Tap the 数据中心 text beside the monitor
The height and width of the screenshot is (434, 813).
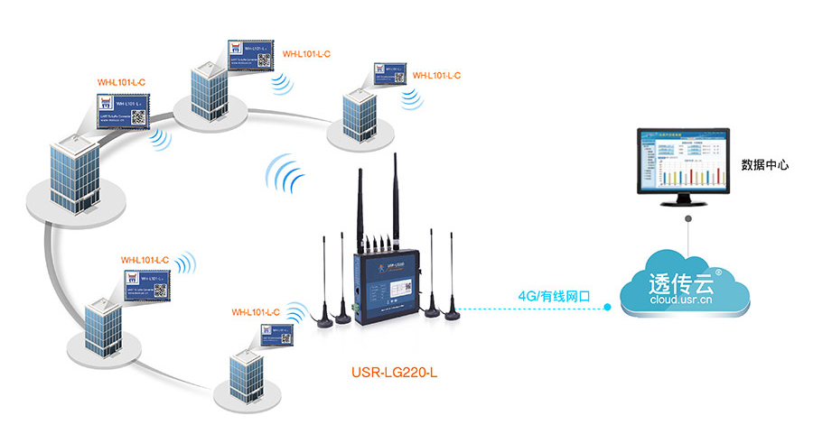765,165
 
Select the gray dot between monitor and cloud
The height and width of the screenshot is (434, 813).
687,219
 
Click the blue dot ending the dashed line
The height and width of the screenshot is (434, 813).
608,309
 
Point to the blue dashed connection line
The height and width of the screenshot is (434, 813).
533,309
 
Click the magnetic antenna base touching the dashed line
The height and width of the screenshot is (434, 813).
449,312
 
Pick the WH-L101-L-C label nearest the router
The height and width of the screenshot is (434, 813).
256,312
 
